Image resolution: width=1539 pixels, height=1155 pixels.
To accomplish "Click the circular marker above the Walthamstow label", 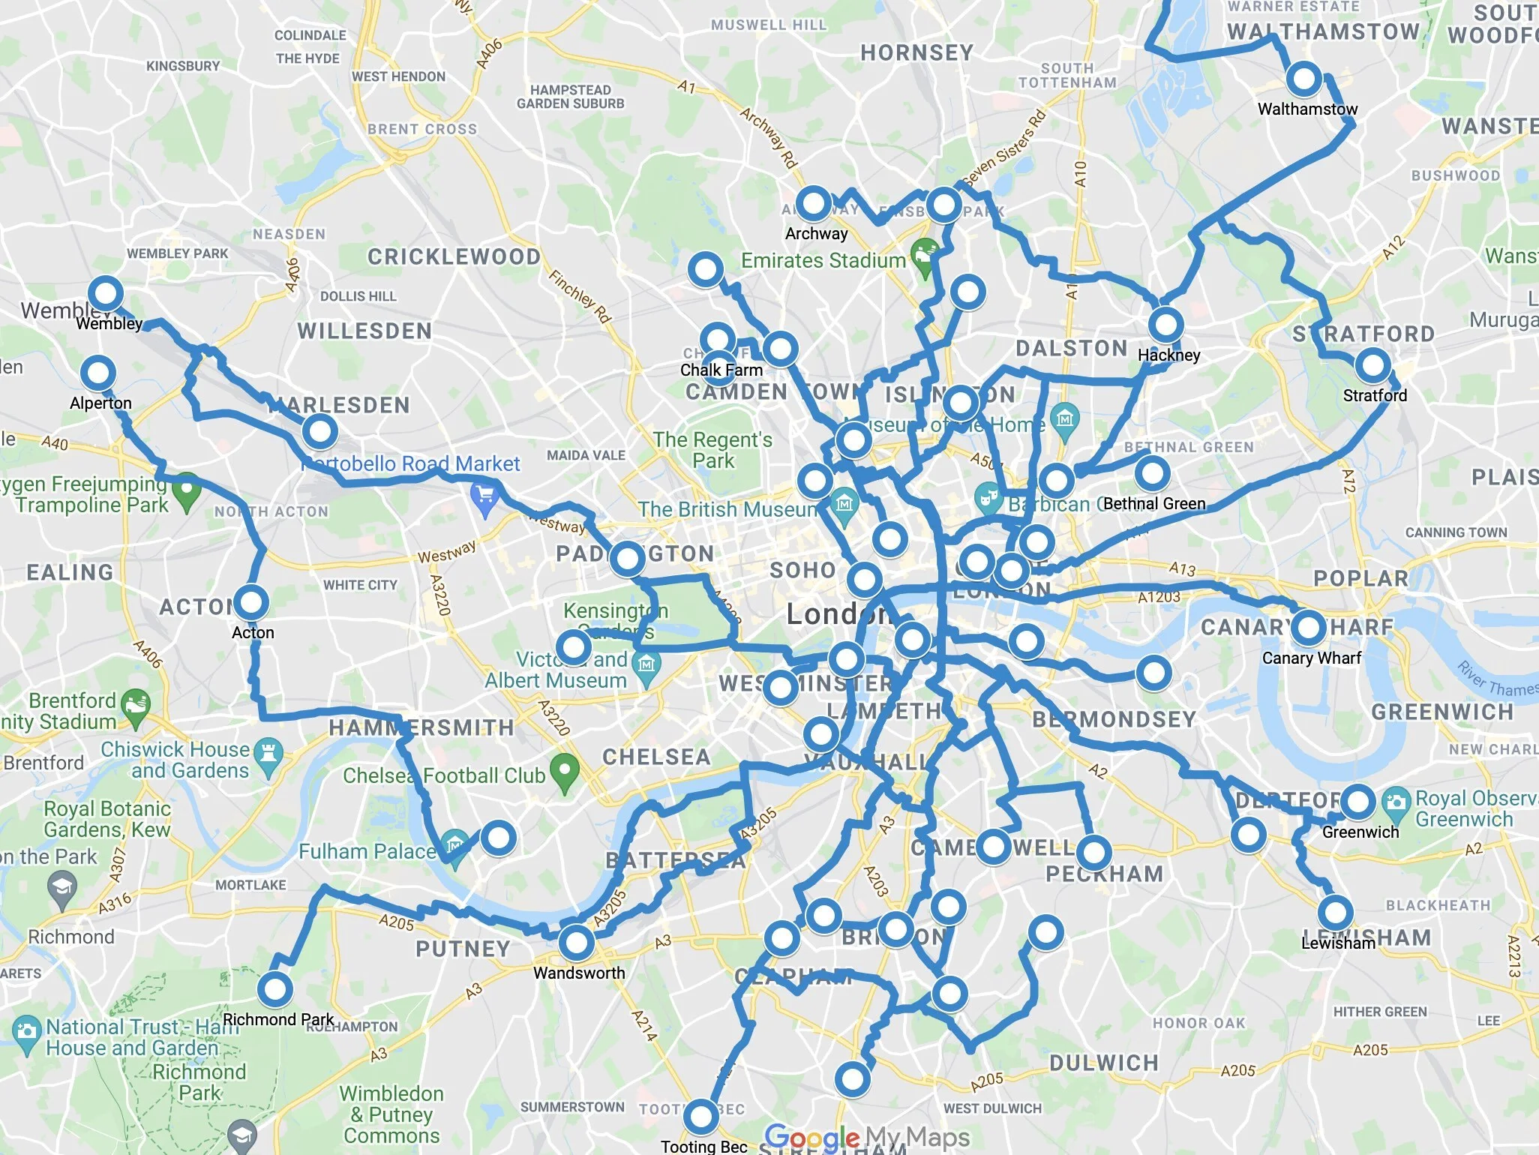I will (x=1304, y=78).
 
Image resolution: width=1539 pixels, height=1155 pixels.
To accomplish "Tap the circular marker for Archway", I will (x=813, y=203).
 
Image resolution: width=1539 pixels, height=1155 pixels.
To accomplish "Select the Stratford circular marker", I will (x=1372, y=366).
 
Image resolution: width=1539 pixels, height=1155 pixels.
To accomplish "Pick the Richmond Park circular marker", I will (x=274, y=989).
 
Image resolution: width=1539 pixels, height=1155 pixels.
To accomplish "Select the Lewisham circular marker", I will (x=1336, y=913).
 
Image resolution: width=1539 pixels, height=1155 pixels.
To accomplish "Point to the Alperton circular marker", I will (x=98, y=373).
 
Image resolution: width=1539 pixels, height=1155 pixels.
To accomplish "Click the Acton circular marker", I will (x=251, y=602).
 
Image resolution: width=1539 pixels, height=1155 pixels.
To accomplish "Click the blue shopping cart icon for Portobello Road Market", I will (x=484, y=495).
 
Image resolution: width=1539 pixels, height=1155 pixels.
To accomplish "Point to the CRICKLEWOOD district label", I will (x=454, y=257).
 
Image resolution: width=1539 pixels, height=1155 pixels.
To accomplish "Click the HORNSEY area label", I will (x=916, y=52).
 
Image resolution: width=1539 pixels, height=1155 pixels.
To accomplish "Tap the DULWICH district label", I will (x=1103, y=1063).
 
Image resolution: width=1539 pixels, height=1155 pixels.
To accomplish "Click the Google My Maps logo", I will (x=867, y=1137).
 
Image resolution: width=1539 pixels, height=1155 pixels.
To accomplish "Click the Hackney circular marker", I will (x=1165, y=325).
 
